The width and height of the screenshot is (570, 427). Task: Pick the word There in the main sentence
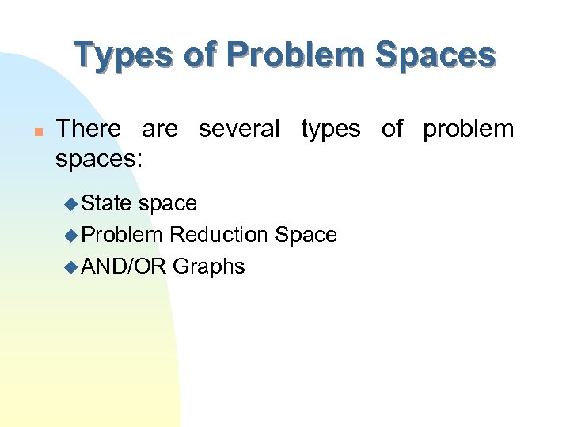(89, 129)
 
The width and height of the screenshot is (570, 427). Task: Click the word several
(239, 129)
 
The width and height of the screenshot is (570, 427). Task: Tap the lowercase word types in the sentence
(330, 129)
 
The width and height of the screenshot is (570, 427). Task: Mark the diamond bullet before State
(70, 204)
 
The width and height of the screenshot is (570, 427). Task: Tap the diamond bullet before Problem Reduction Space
(70, 236)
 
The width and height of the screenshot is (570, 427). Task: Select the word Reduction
(219, 235)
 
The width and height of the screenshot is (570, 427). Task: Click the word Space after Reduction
(306, 236)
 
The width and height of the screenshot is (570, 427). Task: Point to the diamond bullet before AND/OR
(70, 267)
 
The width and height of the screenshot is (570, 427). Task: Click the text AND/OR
(123, 266)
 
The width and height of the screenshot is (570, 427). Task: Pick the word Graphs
(209, 267)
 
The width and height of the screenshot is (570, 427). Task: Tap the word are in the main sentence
(161, 129)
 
